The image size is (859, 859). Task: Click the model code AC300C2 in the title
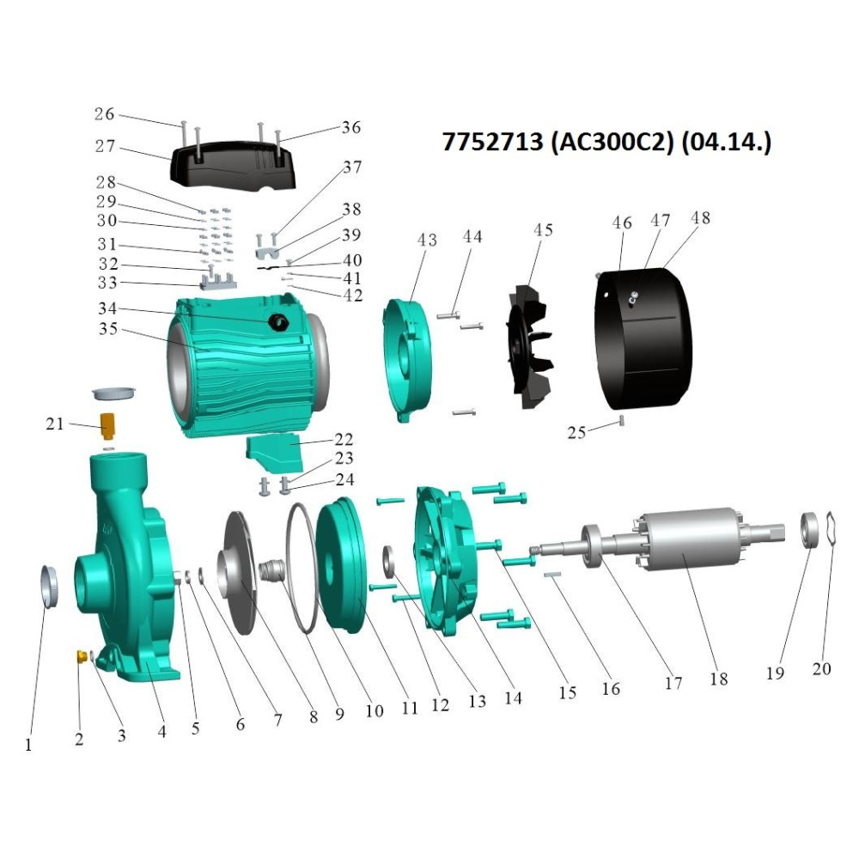[611, 142]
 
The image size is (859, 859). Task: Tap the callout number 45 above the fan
[543, 230]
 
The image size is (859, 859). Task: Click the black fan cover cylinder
[643, 338]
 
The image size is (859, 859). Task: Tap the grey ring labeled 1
[50, 586]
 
